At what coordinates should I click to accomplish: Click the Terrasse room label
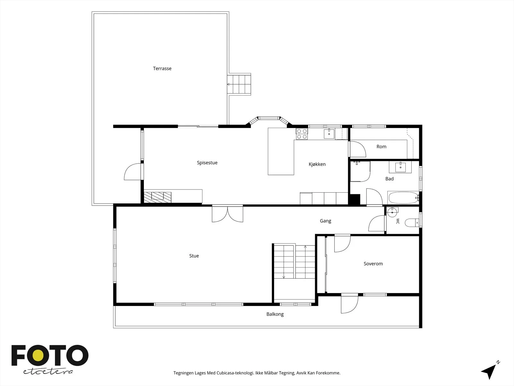162,69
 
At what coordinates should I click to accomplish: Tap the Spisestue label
207,163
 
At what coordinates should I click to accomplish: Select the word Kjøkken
317,164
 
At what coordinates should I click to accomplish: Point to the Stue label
194,256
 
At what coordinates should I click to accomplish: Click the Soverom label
373,264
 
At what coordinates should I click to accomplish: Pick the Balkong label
275,314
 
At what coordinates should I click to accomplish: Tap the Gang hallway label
325,221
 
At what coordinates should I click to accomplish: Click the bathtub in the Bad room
403,198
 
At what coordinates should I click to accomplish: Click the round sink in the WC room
392,212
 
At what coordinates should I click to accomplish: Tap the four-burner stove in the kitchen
302,134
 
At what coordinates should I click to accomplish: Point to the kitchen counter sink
329,133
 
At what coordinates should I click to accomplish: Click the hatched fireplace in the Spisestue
157,197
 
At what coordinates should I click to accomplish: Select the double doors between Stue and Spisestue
227,214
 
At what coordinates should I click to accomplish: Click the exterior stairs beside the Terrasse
239,84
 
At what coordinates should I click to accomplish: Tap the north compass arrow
489,371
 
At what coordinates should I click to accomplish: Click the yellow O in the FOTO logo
38,355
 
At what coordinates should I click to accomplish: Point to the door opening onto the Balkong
350,304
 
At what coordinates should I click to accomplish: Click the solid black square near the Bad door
354,200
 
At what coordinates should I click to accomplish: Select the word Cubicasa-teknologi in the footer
235,373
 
